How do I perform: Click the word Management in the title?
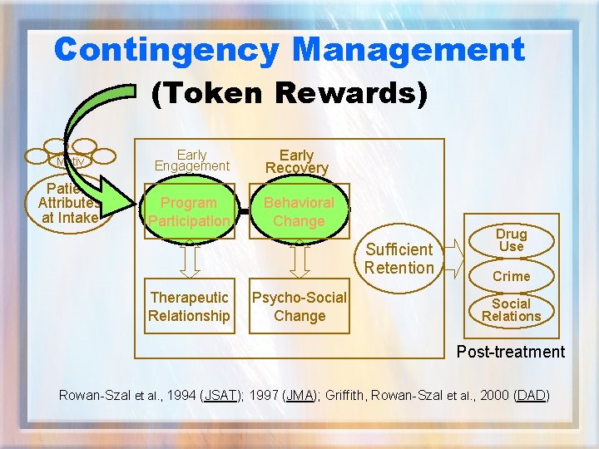[x=408, y=50]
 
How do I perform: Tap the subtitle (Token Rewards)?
[x=289, y=93]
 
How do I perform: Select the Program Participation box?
[x=189, y=212]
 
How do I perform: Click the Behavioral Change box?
[x=299, y=212]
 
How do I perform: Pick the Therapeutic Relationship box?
[x=189, y=307]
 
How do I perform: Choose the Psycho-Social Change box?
[x=299, y=307]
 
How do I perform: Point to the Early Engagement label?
[x=191, y=160]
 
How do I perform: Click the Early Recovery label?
[x=296, y=161]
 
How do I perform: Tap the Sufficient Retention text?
[x=399, y=259]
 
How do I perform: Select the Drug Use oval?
[x=511, y=240]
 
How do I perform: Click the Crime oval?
[x=511, y=276]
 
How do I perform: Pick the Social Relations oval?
[x=511, y=309]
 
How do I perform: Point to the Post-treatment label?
[x=510, y=352]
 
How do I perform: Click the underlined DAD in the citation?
[x=530, y=395]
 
